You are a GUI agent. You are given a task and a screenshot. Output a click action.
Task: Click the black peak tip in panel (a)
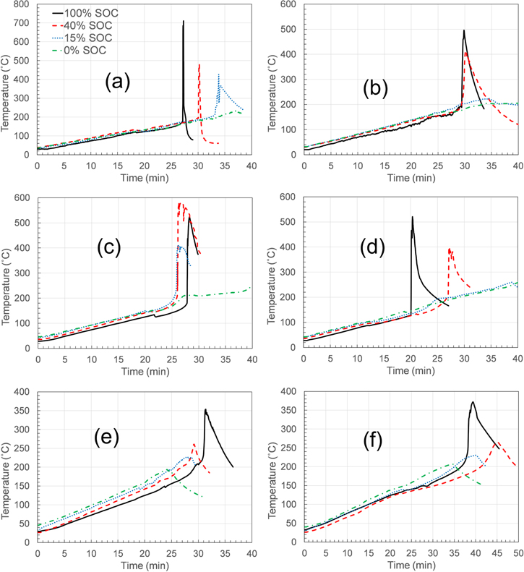point(184,21)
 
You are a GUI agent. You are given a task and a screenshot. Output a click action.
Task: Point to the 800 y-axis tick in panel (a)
point(23,4)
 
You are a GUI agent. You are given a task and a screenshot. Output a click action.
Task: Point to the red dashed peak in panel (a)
point(199,64)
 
